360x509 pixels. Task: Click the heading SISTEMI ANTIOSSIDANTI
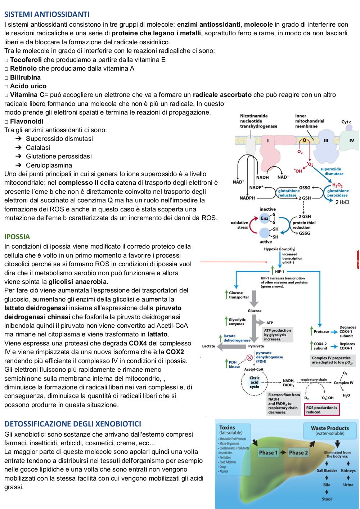point(47,14)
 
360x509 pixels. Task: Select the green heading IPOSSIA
point(17,237)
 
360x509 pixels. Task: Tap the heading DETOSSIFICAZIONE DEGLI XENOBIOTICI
point(73,424)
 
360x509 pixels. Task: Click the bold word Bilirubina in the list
point(26,77)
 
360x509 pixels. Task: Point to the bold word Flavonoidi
point(27,121)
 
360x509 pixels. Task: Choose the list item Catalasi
point(38,147)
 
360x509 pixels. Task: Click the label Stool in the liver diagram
point(327,499)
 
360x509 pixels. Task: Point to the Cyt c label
point(346,122)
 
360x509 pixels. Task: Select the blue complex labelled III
point(326,146)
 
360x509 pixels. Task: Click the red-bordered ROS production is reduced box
point(322,410)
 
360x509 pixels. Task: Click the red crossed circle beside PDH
point(249,358)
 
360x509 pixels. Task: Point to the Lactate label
point(208,346)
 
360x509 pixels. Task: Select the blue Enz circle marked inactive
point(265,218)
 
